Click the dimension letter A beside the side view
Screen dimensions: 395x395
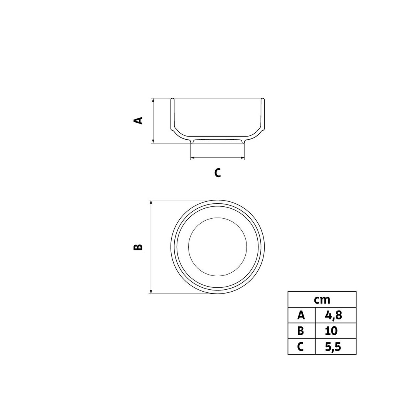(x=138, y=120)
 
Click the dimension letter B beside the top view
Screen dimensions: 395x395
(x=138, y=247)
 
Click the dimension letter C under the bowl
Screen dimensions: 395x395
(x=218, y=173)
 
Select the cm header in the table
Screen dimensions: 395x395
(x=322, y=300)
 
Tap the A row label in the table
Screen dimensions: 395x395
(x=301, y=316)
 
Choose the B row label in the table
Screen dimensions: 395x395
(x=301, y=331)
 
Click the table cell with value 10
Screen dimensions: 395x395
(x=331, y=331)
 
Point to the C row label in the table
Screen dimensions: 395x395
(x=301, y=347)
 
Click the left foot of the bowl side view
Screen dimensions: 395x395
(x=192, y=142)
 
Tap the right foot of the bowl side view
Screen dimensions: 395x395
(x=244, y=142)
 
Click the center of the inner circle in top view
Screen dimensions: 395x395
(x=218, y=247)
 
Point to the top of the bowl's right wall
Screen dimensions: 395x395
(x=263, y=100)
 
